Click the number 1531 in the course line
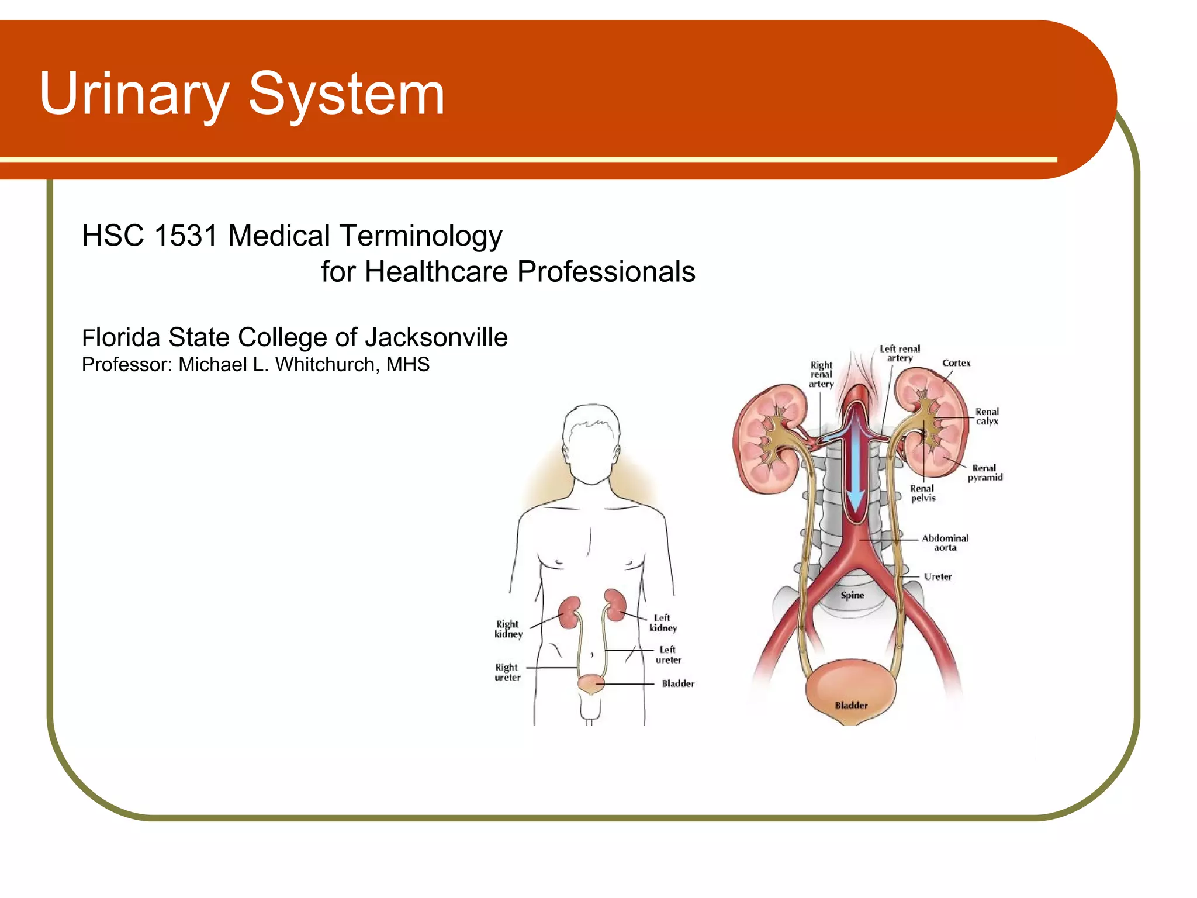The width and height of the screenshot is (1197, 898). coord(185,236)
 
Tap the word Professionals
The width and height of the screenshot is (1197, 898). coord(606,272)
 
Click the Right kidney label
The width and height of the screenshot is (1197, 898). coord(508,629)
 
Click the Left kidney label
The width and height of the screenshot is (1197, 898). coord(663,623)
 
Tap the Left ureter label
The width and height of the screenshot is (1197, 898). coord(668,655)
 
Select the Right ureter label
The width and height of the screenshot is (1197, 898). coord(507,672)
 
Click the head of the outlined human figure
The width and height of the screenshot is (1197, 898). coord(591,442)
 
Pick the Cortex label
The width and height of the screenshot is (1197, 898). coord(956,363)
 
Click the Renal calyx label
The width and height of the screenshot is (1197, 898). coord(987,416)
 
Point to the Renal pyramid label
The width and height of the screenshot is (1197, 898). coord(985,472)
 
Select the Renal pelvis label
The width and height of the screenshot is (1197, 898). coord(922,493)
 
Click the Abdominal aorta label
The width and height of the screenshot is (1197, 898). coord(945,543)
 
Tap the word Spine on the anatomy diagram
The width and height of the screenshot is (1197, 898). coord(852,595)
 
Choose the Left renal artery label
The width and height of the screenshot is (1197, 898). coord(900,353)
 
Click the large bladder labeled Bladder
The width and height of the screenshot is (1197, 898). coord(850,693)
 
